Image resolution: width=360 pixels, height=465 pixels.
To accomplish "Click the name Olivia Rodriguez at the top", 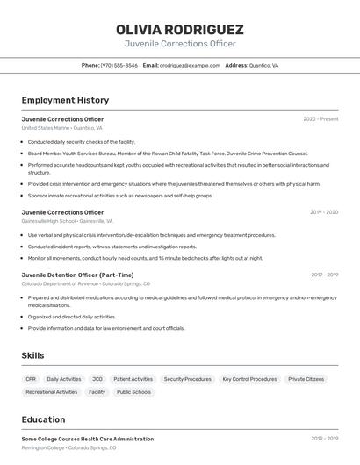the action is (x=179, y=29).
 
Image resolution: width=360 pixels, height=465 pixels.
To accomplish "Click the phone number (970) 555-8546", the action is (x=119, y=65).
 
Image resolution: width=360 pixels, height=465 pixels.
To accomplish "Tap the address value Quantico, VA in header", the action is (x=263, y=65).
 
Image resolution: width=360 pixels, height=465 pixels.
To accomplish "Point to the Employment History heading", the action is (x=65, y=100).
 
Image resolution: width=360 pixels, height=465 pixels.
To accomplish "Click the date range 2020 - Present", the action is (x=320, y=119).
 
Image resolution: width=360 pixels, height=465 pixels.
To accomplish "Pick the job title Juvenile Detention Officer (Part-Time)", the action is (x=77, y=275).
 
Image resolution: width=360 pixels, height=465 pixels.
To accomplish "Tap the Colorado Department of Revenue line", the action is (x=85, y=284).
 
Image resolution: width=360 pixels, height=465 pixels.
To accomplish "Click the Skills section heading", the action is (x=32, y=355).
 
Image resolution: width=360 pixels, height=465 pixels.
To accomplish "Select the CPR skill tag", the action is (x=31, y=379).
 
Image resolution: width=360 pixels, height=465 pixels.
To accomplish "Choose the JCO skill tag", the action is (x=97, y=379).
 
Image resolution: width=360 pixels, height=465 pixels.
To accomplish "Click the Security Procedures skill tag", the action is (x=187, y=379).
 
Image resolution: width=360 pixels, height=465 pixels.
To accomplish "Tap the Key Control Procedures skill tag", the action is (x=249, y=379).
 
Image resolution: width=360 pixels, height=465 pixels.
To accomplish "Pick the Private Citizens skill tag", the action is (x=306, y=379).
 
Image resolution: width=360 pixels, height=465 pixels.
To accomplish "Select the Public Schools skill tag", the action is (x=133, y=392).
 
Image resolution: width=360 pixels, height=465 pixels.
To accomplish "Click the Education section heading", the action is (x=43, y=419).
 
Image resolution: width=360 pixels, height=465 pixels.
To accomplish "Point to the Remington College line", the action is (x=68, y=447).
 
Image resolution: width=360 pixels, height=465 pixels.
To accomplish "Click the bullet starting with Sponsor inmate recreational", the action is (x=119, y=196).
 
